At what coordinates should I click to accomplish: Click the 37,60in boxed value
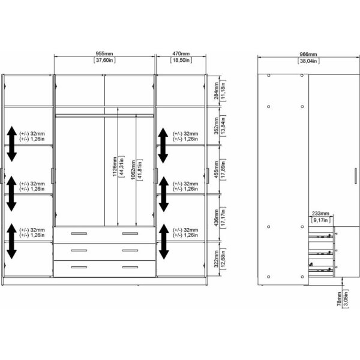point(104,61)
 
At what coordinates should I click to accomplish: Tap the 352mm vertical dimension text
point(216,125)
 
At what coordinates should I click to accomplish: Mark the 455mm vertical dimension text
point(216,169)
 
